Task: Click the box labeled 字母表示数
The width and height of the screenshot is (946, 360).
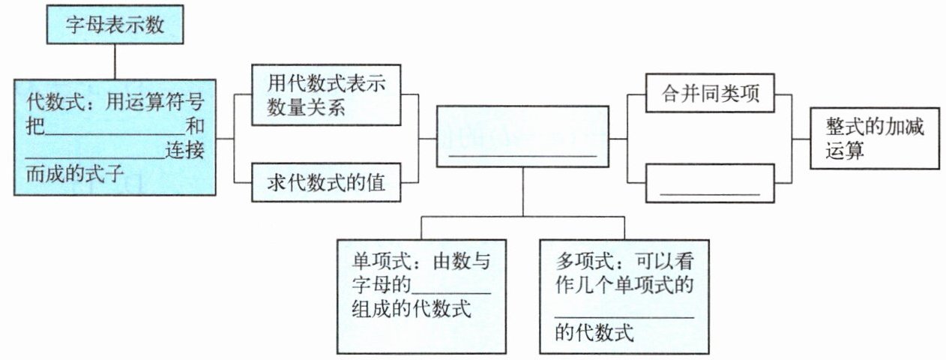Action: (114, 25)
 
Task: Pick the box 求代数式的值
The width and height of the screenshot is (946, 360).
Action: (326, 182)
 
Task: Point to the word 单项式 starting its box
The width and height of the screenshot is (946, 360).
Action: (376, 262)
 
